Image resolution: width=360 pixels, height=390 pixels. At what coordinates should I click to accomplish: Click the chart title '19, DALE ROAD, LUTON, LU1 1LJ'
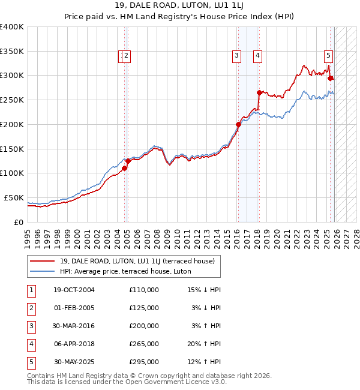(x=179, y=5)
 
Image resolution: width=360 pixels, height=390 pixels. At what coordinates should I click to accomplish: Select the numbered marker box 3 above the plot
(x=237, y=56)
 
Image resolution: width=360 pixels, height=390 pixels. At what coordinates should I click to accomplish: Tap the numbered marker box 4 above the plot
(x=257, y=56)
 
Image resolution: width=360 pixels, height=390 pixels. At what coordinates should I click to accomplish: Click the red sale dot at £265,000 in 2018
(x=259, y=92)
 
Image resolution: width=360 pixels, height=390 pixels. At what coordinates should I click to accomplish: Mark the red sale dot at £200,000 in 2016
(x=238, y=124)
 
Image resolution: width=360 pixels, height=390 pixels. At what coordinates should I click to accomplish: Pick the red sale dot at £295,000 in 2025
(x=330, y=78)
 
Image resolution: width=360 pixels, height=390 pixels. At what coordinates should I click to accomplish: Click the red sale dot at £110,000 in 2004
(x=125, y=169)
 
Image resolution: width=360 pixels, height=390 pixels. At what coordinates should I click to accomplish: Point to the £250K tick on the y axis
(x=12, y=100)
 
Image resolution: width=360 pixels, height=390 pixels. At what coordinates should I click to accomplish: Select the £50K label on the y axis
(x=14, y=197)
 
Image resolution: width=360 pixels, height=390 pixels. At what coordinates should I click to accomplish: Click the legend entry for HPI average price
(x=125, y=271)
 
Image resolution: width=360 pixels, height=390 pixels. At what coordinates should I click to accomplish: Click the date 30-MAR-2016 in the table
(x=74, y=326)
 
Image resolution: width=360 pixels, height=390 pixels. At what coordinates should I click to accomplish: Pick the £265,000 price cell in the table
(x=143, y=344)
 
